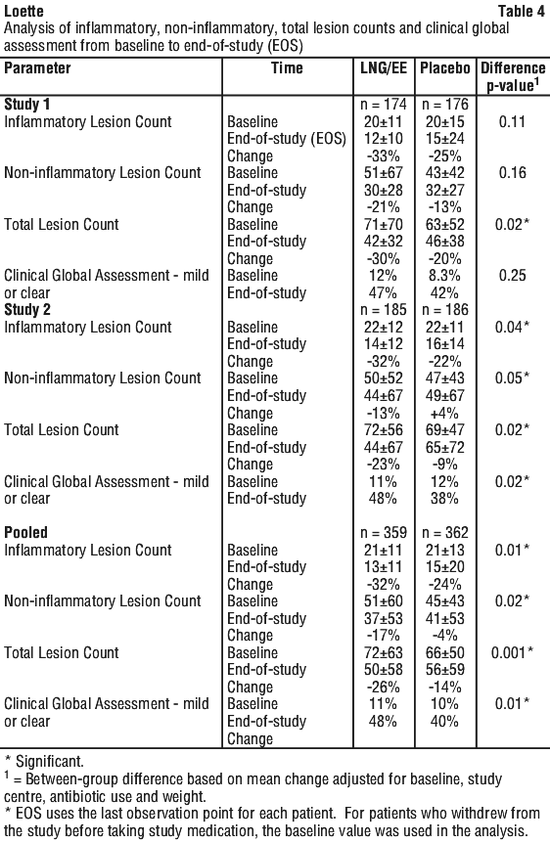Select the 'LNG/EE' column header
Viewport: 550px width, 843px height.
pyautogui.click(x=384, y=68)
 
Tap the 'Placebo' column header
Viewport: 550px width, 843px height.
pyautogui.click(x=445, y=68)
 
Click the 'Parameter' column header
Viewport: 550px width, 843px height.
pyautogui.click(x=37, y=68)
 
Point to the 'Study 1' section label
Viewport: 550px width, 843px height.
pyautogui.click(x=26, y=105)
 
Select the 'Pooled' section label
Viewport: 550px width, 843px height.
pyautogui.click(x=25, y=532)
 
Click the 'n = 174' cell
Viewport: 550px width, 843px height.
pyautogui.click(x=384, y=105)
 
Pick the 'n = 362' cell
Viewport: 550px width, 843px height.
pyautogui.click(x=445, y=532)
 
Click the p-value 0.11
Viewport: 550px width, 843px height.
pyautogui.click(x=512, y=121)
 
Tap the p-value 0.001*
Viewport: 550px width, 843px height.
pyautogui.click(x=512, y=652)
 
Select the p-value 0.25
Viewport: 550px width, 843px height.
pyautogui.click(x=512, y=275)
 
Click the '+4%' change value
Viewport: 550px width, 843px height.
pyautogui.click(x=444, y=413)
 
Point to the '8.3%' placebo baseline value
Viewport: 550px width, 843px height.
pyautogui.click(x=444, y=275)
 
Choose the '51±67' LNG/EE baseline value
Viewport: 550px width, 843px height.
pyautogui.click(x=384, y=172)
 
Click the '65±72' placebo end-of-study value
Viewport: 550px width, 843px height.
pyautogui.click(x=444, y=447)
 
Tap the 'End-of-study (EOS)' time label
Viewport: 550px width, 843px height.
pyautogui.click(x=287, y=139)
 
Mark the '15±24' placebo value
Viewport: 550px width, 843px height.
pyautogui.click(x=444, y=139)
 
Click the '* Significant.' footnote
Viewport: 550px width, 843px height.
pyautogui.click(x=44, y=761)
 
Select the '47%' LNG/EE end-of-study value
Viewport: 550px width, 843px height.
pyautogui.click(x=384, y=293)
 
